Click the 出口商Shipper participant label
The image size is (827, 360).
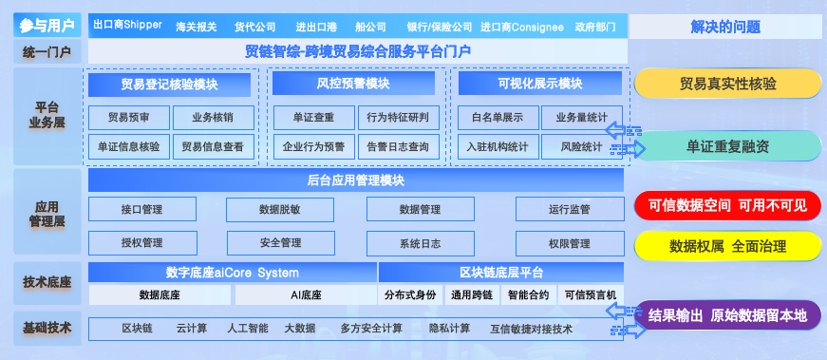coord(127,26)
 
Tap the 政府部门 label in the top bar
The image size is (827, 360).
coord(596,26)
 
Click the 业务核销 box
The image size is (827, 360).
coord(212,118)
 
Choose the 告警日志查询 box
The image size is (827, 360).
coord(398,147)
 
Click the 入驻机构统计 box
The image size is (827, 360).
coord(497,147)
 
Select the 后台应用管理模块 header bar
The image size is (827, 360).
coord(356,180)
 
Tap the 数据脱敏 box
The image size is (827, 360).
coord(279,210)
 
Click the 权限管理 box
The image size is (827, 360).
coord(570,243)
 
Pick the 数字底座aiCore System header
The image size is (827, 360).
coord(232,273)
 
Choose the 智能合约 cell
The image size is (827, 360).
coord(528,295)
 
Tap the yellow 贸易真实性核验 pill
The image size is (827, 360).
coord(727,84)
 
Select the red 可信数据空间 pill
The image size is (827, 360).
coord(727,204)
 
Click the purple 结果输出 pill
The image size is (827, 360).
coord(727,314)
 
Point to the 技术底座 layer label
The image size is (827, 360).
coord(47,282)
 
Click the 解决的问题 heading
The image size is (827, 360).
coord(727,26)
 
